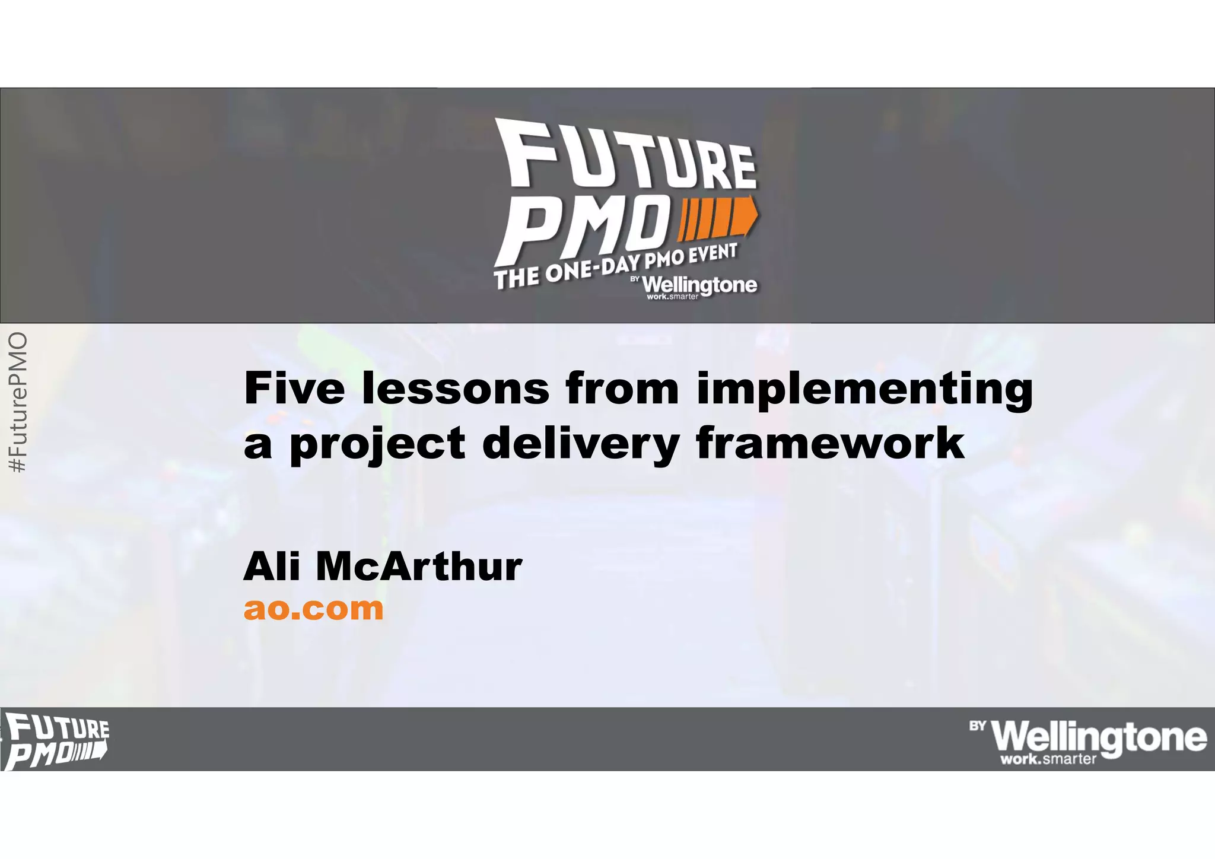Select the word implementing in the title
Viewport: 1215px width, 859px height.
click(864, 390)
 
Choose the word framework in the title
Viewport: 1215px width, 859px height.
click(830, 443)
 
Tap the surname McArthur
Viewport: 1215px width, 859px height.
click(419, 567)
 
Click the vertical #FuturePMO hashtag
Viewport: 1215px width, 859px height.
click(19, 403)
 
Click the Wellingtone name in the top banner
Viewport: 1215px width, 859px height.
click(700, 285)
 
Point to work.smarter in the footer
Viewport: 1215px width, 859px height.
click(1048, 759)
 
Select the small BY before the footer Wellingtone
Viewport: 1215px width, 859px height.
click(978, 726)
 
